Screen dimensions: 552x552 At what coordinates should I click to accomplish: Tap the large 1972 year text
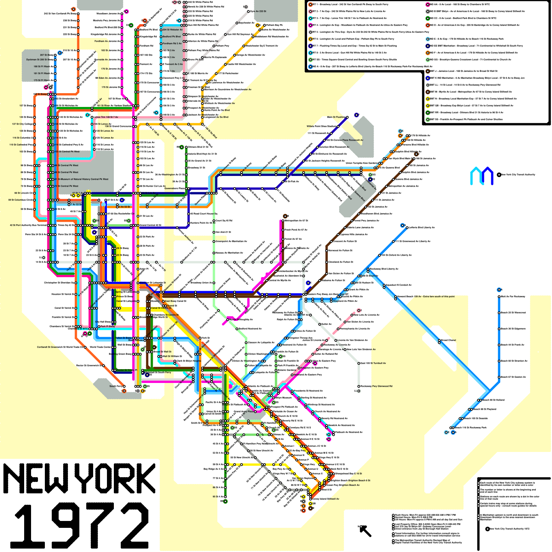[81, 526]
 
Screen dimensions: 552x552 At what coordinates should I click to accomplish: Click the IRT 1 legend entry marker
[310, 4]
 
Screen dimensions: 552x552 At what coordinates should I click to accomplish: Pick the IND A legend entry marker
[310, 67]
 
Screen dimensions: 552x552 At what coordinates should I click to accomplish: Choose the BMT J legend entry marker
[428, 71]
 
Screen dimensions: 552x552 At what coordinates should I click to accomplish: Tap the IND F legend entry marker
[428, 53]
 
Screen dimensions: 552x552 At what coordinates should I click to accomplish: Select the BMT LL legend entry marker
[428, 85]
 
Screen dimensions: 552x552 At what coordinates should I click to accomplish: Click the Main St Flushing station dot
[347, 117]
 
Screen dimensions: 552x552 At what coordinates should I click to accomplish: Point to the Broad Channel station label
[448, 340]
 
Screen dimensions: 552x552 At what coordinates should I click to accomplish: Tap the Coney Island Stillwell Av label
[326, 499]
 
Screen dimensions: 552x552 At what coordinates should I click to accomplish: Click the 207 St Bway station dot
[55, 55]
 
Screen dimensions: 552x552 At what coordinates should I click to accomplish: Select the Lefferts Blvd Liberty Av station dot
[407, 228]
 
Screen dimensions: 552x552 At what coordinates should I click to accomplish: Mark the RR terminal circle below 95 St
[225, 501]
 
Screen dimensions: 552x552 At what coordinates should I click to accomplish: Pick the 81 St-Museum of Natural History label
[83, 179]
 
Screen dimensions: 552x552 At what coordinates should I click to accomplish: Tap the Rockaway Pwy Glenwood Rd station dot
[359, 386]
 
